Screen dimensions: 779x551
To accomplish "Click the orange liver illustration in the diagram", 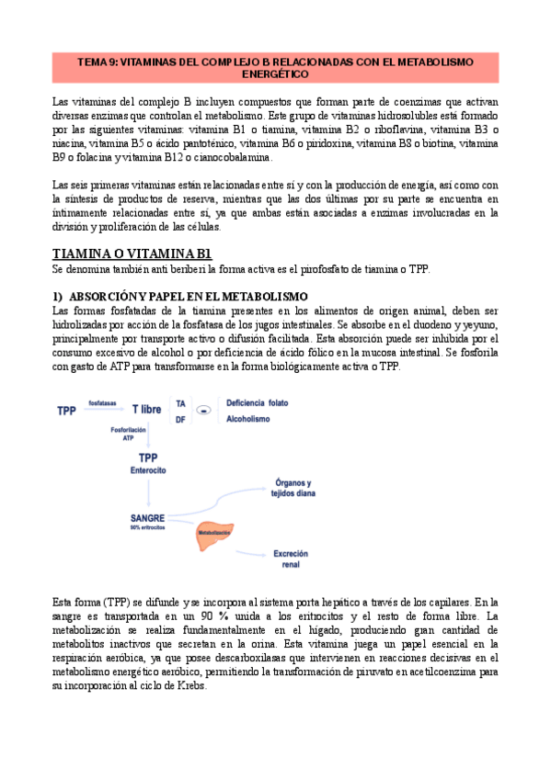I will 217,536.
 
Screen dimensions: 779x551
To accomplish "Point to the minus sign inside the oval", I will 207,409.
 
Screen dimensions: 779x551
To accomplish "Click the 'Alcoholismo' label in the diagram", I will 248,420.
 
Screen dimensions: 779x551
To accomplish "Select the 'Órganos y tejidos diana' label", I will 293,488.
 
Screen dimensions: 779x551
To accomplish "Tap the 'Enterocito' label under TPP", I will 147,469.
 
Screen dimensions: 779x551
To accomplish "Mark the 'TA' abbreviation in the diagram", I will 181,403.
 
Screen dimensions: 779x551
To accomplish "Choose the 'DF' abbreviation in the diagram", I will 181,420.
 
